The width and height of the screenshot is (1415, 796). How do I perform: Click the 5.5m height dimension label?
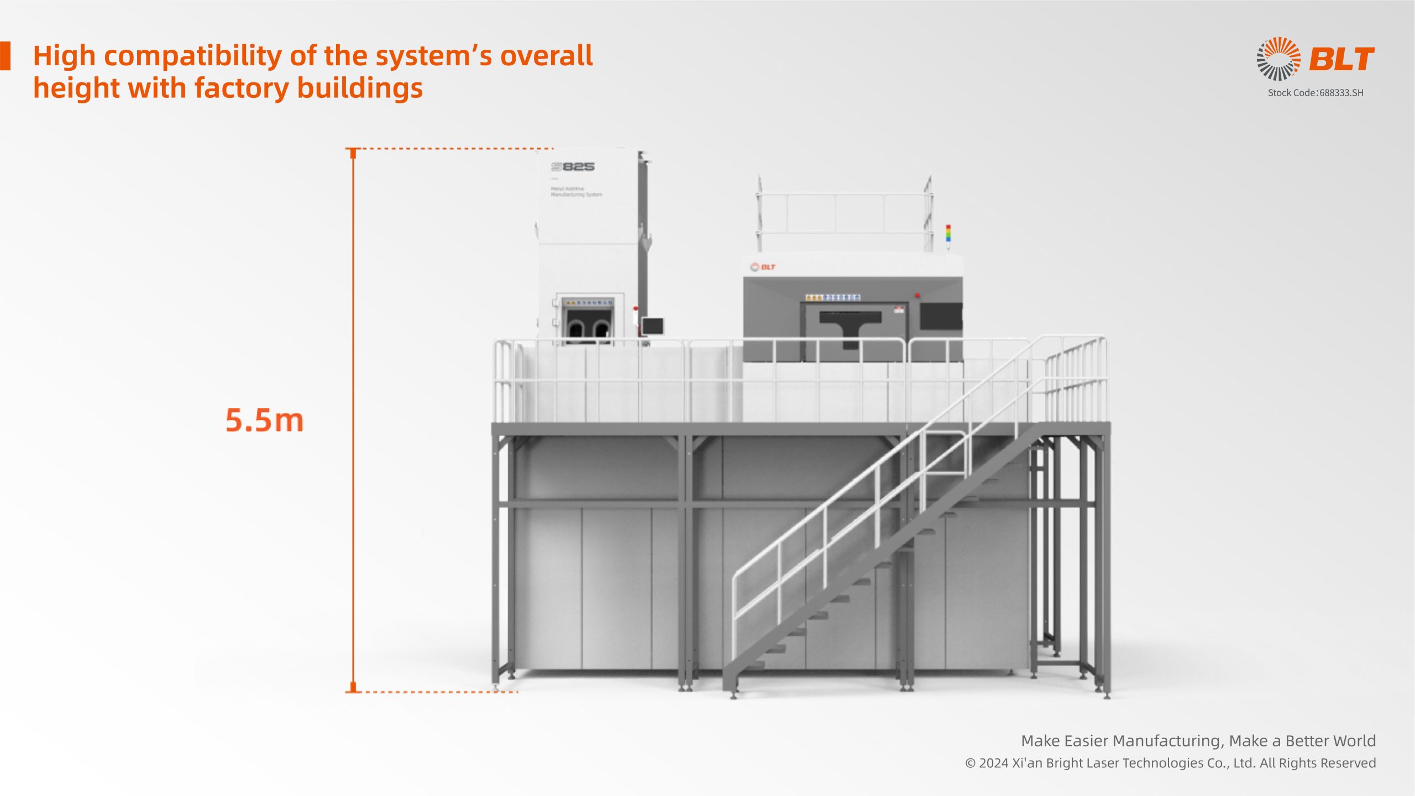(x=265, y=420)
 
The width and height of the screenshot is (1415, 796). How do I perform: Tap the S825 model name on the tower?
(x=573, y=166)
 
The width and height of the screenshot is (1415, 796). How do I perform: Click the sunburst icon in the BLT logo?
(x=1278, y=59)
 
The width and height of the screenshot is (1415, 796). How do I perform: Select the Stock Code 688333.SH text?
(x=1316, y=93)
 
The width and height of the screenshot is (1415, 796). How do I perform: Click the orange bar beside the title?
(x=5, y=56)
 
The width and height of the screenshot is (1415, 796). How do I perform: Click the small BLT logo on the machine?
(x=763, y=267)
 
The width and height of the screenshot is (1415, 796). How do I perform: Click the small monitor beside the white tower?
(x=653, y=326)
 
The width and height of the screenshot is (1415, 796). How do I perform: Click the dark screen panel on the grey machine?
(x=941, y=316)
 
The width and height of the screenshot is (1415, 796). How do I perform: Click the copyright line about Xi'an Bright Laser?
(x=1170, y=763)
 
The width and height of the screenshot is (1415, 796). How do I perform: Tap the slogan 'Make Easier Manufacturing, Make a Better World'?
(x=1198, y=741)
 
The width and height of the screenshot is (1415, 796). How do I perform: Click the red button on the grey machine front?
(x=917, y=296)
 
